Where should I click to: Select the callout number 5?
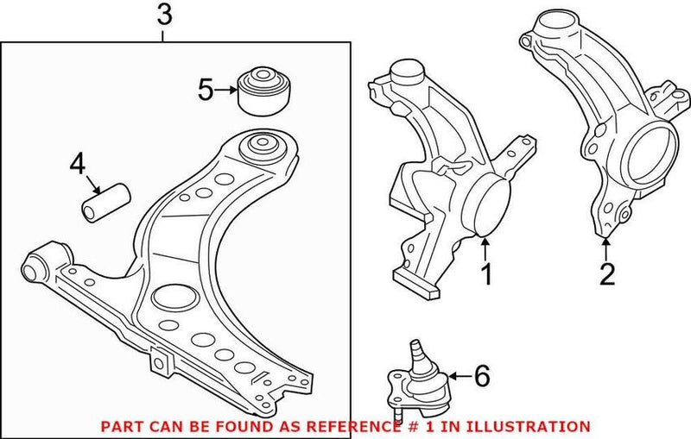[205, 89]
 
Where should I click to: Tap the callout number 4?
[78, 161]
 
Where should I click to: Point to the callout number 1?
[485, 274]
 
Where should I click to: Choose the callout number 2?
[607, 274]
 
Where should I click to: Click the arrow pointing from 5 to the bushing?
[226, 89]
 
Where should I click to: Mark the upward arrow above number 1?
[485, 248]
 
